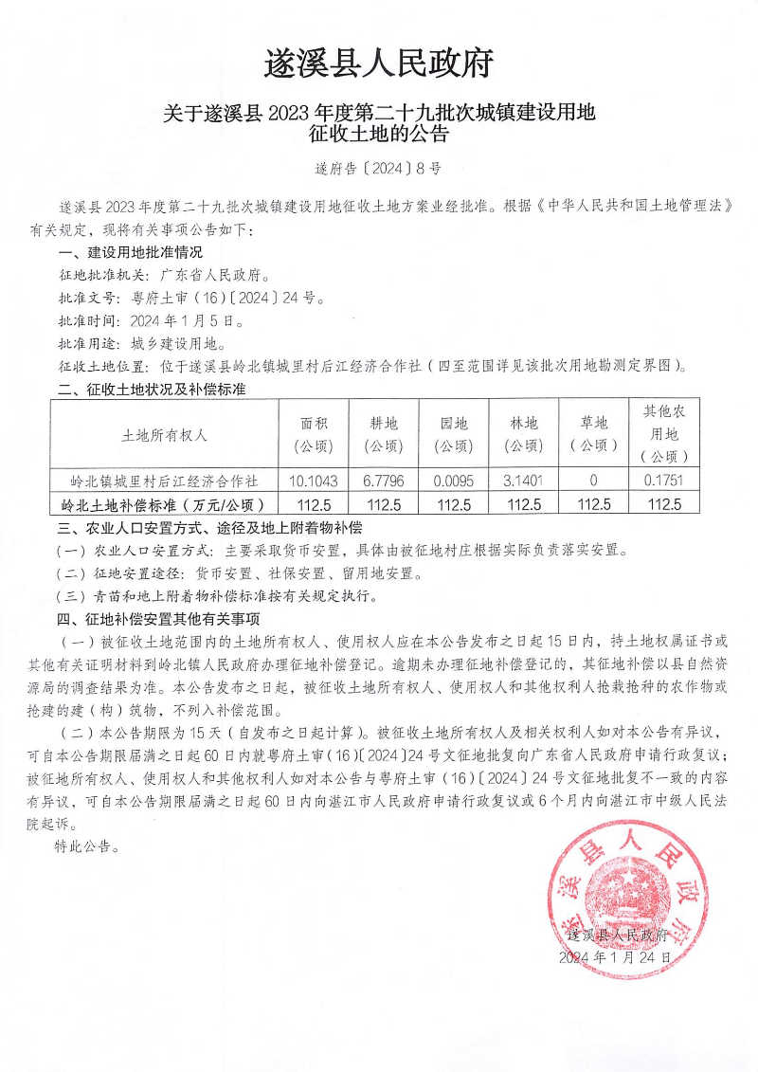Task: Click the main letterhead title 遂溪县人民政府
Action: pyautogui.click(x=378, y=64)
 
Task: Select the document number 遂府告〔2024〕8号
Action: pyautogui.click(x=378, y=171)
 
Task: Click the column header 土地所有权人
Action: pyautogui.click(x=165, y=435)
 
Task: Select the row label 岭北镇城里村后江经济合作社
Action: pyautogui.click(x=165, y=481)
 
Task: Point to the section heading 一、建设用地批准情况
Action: pyautogui.click(x=131, y=253)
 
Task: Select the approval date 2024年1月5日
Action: pyautogui.click(x=181, y=321)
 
